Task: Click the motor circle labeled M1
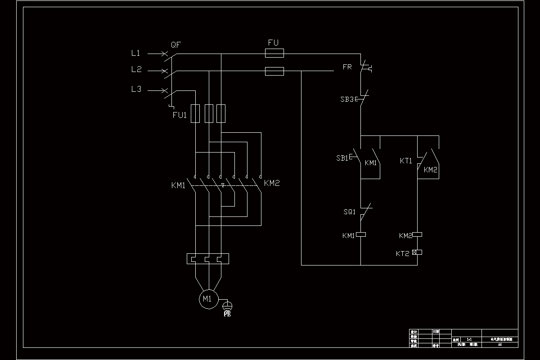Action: [207, 299]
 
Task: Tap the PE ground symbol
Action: [227, 306]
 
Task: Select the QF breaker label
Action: [176, 45]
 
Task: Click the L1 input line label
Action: [136, 53]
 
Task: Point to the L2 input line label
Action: [136, 69]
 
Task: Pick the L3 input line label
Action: [136, 89]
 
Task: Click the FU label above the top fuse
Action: [274, 43]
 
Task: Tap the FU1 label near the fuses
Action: [180, 115]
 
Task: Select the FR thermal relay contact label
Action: [347, 67]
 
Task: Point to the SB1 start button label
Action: [342, 158]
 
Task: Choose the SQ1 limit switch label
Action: [349, 211]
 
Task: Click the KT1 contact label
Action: [406, 161]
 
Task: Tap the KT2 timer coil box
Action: [417, 252]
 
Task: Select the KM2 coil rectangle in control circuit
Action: [417, 234]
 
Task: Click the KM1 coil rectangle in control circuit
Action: [361, 234]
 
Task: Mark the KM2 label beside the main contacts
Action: [272, 183]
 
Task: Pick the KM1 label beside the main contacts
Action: [178, 185]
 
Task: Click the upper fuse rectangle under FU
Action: [274, 54]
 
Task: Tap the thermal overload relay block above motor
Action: [208, 259]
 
